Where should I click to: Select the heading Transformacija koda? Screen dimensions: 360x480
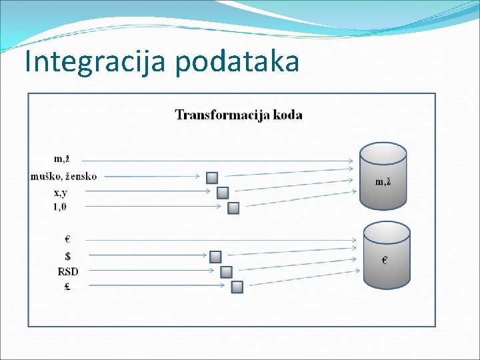(x=239, y=115)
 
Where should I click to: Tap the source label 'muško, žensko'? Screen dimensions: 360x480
(x=63, y=176)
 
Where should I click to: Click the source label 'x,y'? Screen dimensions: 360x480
(x=60, y=193)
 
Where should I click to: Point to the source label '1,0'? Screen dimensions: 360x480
(x=60, y=207)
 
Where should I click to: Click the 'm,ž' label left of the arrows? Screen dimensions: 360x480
(x=62, y=159)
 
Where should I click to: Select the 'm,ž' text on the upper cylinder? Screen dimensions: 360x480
(x=383, y=181)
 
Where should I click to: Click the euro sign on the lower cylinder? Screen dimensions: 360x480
(x=385, y=261)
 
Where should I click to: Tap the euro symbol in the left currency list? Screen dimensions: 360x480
(x=67, y=239)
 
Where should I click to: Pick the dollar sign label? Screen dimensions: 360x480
(x=68, y=255)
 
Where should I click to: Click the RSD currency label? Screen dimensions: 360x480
(x=68, y=271)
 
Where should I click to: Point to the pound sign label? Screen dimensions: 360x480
(x=68, y=287)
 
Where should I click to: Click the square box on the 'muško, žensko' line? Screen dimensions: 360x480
(x=212, y=177)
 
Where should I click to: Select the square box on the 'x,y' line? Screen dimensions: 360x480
(x=223, y=193)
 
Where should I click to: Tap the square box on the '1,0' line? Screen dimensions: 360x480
(x=233, y=208)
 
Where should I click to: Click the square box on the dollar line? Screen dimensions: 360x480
(x=215, y=257)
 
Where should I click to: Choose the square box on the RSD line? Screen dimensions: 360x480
(x=226, y=272)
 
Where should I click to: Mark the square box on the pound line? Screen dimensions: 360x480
(x=237, y=287)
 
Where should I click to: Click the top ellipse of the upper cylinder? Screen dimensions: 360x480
(x=383, y=153)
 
